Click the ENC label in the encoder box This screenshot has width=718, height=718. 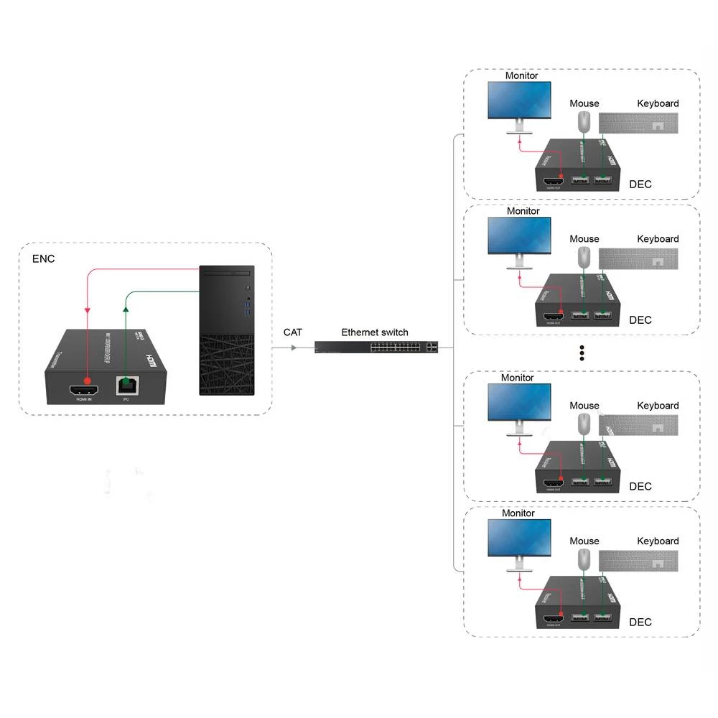point(44,258)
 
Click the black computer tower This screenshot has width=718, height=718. point(228,330)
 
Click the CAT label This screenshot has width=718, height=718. point(293,332)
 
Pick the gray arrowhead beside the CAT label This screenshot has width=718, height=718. point(293,348)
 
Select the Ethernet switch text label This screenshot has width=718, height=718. point(374,332)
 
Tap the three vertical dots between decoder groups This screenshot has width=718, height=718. point(582,353)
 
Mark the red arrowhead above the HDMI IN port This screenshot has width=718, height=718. point(88,310)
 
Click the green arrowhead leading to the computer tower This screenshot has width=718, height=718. point(126,309)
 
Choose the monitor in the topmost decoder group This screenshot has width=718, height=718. point(519,102)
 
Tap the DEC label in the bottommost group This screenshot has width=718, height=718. point(640,622)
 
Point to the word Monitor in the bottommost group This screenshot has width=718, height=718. point(518,513)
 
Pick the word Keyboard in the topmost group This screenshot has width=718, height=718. point(658,103)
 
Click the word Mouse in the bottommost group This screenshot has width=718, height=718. point(584,541)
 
